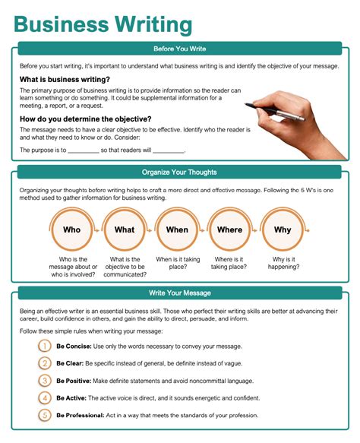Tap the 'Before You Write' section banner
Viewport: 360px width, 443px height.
pyautogui.click(x=180, y=49)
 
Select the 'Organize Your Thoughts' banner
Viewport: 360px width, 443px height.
pyautogui.click(x=180, y=172)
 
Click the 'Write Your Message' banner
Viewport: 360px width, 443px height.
pyautogui.click(x=180, y=293)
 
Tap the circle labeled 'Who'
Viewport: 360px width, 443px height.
pyautogui.click(x=71, y=229)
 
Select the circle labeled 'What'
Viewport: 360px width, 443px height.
pyautogui.click(x=125, y=229)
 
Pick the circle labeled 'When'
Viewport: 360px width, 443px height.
pyautogui.click(x=177, y=229)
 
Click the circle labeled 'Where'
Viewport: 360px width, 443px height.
pyautogui.click(x=229, y=229)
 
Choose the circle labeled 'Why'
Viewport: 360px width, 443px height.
pyautogui.click(x=283, y=229)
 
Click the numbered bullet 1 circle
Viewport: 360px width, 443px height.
pyautogui.click(x=45, y=346)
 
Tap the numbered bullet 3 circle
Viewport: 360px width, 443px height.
pyautogui.click(x=45, y=380)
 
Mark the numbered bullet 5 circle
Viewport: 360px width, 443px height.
pyautogui.click(x=45, y=415)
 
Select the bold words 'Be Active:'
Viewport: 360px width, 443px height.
pyautogui.click(x=71, y=397)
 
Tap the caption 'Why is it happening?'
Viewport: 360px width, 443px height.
pyautogui.click(x=283, y=263)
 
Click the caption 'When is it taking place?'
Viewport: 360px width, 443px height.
pyautogui.click(x=177, y=263)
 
